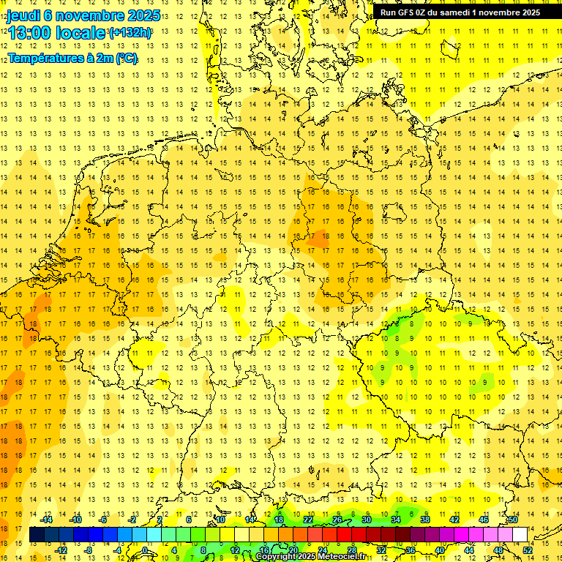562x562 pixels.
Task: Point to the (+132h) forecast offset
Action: tap(130, 33)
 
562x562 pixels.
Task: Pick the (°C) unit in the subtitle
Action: tap(126, 58)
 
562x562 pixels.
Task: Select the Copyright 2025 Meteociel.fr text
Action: tap(310, 557)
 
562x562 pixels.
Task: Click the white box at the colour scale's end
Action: tap(520, 534)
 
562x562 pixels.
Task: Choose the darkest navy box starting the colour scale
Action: tap(37, 534)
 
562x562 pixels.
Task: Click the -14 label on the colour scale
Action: tap(48, 520)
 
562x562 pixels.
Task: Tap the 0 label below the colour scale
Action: tap(145, 550)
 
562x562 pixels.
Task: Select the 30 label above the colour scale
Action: tap(366, 520)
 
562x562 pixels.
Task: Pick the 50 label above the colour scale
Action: tap(513, 520)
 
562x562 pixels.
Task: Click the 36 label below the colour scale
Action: tap(411, 550)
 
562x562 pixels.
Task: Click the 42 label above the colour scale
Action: tap(454, 520)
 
